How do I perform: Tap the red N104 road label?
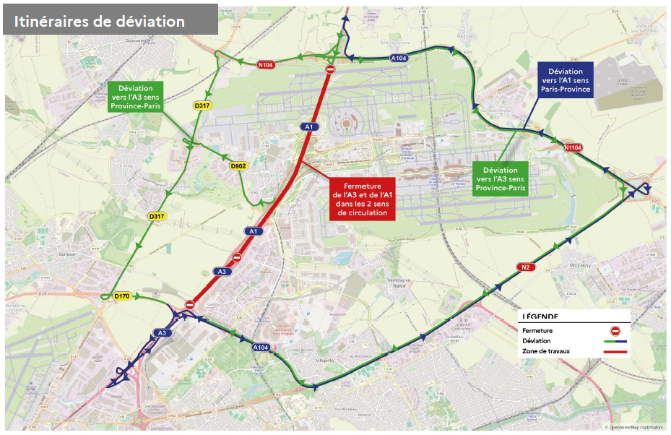(266, 65)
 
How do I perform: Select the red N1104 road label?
(573, 147)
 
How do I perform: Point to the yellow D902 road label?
(238, 166)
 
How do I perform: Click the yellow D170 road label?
(121, 296)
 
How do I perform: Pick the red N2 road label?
(526, 267)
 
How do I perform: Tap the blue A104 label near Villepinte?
(261, 348)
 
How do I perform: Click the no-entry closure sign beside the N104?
(330, 69)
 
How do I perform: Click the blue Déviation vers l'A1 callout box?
(566, 81)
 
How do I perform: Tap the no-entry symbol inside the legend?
(615, 330)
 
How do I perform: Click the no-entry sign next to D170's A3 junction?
(190, 305)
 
